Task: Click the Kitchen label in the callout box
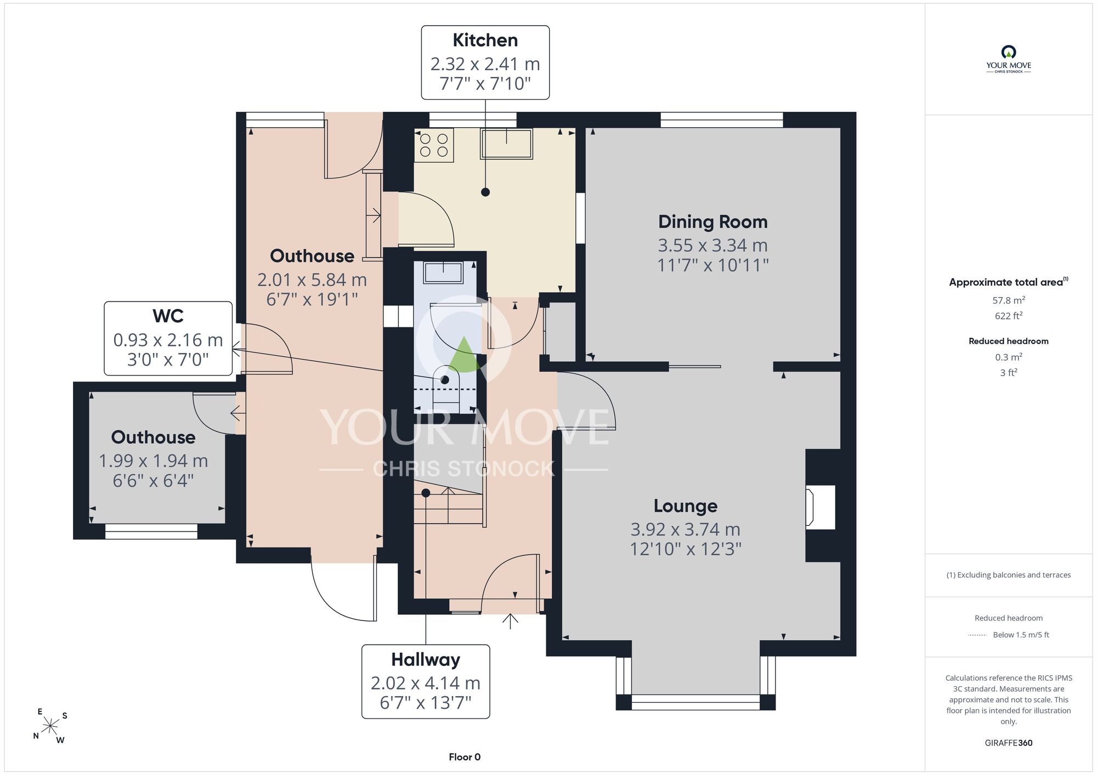(x=485, y=40)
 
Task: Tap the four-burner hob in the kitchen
(x=434, y=145)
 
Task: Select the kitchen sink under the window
(x=506, y=144)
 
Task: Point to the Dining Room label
(x=713, y=221)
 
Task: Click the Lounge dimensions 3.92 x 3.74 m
(x=685, y=529)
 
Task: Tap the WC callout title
(x=168, y=316)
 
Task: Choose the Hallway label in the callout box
(x=426, y=659)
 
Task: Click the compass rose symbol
(x=50, y=727)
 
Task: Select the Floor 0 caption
(x=465, y=757)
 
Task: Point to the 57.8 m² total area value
(x=1009, y=300)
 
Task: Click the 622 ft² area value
(x=1009, y=315)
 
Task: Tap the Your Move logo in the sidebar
(x=1009, y=59)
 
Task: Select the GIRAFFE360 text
(x=1009, y=743)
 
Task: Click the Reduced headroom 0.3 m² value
(x=1009, y=357)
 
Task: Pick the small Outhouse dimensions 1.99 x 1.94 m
(x=153, y=461)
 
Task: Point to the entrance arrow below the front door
(x=510, y=620)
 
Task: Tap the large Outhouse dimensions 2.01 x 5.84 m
(x=312, y=280)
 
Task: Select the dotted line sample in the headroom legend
(x=977, y=635)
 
